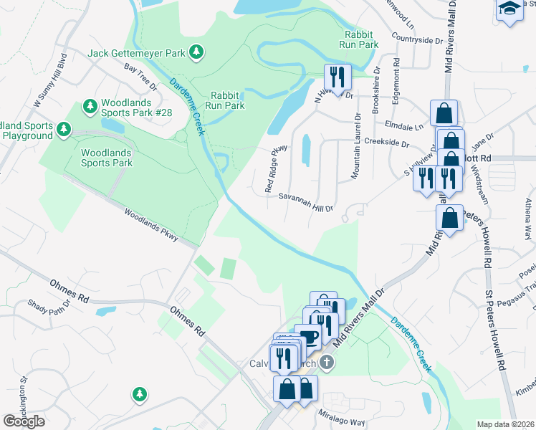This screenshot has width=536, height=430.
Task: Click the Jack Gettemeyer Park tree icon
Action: (x=196, y=52)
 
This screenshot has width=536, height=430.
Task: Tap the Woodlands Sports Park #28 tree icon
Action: (x=90, y=107)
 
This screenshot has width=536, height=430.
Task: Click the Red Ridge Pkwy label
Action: (x=276, y=168)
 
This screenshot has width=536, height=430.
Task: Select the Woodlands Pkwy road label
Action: (x=150, y=224)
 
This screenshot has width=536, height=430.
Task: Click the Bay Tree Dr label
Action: (x=140, y=77)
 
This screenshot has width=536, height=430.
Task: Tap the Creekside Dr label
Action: (x=386, y=143)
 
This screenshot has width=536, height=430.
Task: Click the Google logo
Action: (x=24, y=421)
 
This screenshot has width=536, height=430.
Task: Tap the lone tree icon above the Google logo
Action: (x=139, y=393)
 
